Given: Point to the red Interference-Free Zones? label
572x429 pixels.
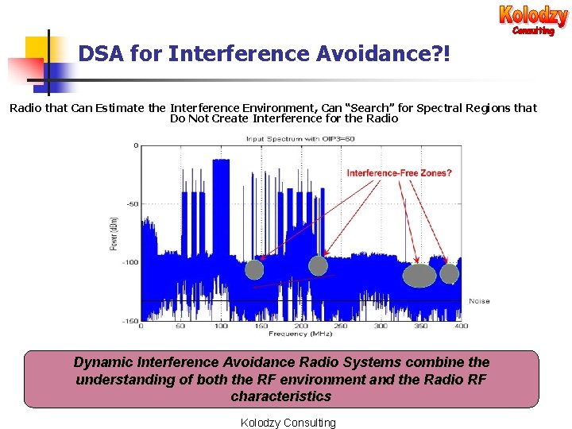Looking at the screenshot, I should point(399,173).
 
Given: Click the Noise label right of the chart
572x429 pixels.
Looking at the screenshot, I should point(479,301).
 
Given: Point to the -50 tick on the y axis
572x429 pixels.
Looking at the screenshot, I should point(129,204).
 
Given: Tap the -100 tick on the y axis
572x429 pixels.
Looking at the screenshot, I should point(128,262).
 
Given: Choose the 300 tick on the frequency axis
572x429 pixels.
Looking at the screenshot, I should point(381,327).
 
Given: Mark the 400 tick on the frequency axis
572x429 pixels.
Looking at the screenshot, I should point(462,327).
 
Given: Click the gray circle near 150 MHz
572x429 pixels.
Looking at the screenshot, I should point(254,269).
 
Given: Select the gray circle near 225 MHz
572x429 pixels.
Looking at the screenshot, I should point(318,265).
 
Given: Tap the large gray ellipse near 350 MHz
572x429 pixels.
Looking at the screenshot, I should point(419,275).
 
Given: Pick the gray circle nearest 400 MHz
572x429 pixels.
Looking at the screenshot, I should point(450,273).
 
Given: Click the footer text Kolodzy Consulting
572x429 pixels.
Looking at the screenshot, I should point(288,423).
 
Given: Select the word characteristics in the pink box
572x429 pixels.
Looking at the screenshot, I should point(281,396).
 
